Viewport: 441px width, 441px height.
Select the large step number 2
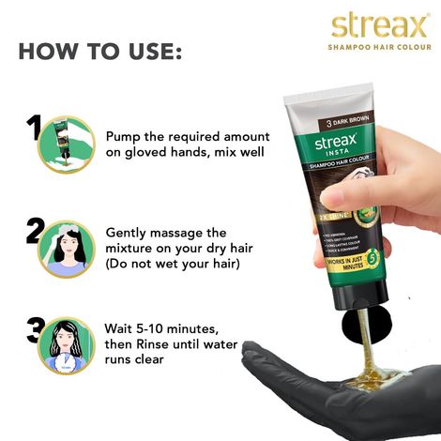[36, 229]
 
